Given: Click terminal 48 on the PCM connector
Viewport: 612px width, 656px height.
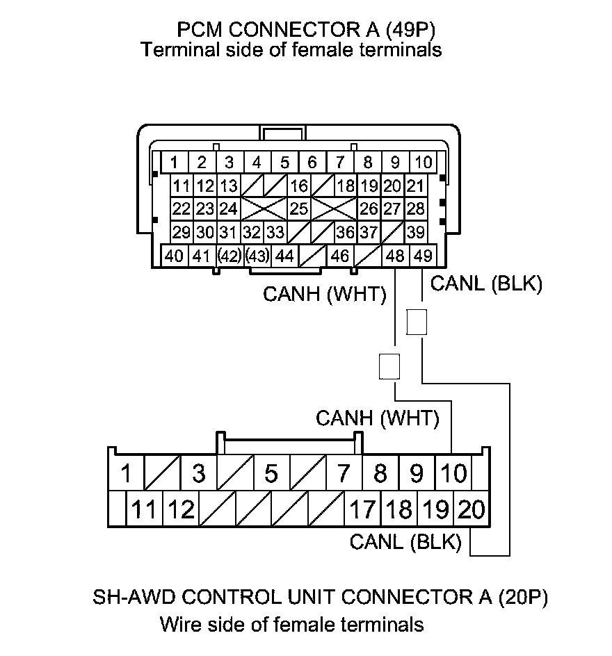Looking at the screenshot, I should coord(395,256).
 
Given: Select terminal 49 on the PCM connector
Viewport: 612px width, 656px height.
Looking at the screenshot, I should coord(423,256).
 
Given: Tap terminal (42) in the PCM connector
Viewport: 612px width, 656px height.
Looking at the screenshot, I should coord(229,256).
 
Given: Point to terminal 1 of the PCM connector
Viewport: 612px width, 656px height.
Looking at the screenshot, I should coord(174,163).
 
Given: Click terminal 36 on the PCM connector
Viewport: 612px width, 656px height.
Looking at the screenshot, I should coord(345,232).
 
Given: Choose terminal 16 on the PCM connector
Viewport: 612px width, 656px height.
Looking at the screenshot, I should coord(299,186).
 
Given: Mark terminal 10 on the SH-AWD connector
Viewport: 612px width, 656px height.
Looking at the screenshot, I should coord(453,474).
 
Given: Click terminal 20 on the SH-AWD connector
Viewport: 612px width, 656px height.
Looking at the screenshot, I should coord(471,510).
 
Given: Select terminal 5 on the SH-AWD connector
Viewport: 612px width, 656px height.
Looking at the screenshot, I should coord(271,474).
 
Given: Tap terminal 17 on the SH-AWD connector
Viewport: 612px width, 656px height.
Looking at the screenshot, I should coord(362,510).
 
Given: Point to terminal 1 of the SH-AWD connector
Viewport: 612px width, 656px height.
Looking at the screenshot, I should coord(126,474).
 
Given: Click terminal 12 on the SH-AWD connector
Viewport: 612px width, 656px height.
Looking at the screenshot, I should coord(181,510).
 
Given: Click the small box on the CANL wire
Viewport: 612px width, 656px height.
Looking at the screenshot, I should coord(417,322).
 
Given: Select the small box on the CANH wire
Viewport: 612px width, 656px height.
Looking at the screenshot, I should coord(389,366).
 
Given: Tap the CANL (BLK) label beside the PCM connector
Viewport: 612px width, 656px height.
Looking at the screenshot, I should coord(486,284).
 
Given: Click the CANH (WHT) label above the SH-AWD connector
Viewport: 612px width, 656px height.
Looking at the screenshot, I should coord(378,418).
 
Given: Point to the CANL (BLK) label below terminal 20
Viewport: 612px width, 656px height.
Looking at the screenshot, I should coord(405,542).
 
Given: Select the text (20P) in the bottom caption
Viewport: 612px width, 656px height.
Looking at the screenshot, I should coord(523,598).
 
